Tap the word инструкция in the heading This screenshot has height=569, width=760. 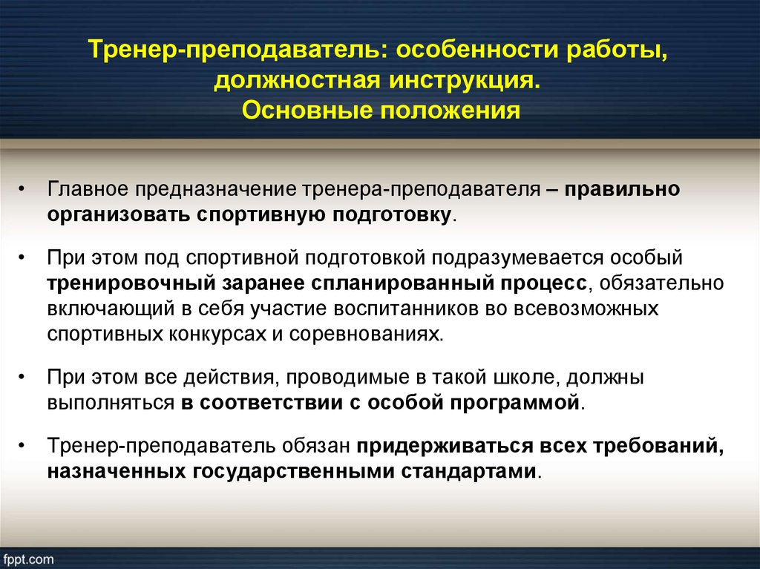pyautogui.click(x=465, y=80)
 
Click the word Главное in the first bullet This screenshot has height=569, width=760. pyautogui.click(x=88, y=189)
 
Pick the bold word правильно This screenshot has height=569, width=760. pyautogui.click(x=622, y=189)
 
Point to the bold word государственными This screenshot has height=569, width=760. pyautogui.click(x=292, y=471)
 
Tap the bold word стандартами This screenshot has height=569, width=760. pyautogui.click(x=469, y=471)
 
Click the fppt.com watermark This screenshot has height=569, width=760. pyautogui.click(x=27, y=559)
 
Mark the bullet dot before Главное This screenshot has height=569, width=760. pyautogui.click(x=22, y=189)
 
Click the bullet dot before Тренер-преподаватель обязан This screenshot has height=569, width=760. pyautogui.click(x=22, y=446)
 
